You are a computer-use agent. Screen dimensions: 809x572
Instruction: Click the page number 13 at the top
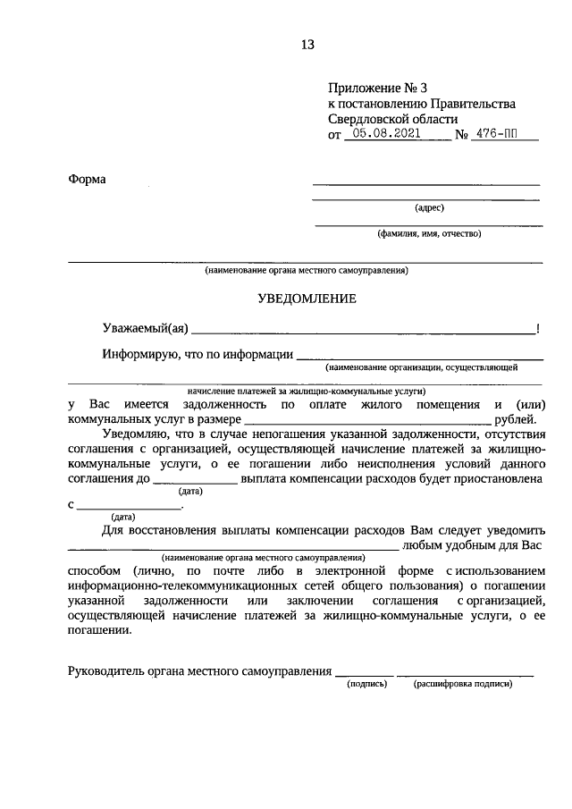point(307,44)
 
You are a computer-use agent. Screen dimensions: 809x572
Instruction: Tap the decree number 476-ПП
point(505,135)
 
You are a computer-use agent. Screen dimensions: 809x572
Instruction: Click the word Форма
point(87,180)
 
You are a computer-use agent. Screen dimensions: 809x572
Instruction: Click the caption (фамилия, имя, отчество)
point(429,234)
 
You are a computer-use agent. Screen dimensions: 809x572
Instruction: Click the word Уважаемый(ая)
point(144,328)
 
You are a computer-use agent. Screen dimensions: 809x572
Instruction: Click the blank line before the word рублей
point(366,420)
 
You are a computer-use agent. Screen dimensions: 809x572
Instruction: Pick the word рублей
point(517,418)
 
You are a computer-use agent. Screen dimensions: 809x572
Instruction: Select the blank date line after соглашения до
point(195,481)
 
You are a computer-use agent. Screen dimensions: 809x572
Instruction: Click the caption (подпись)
point(366,685)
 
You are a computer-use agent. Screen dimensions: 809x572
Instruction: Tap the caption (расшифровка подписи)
point(463,685)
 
